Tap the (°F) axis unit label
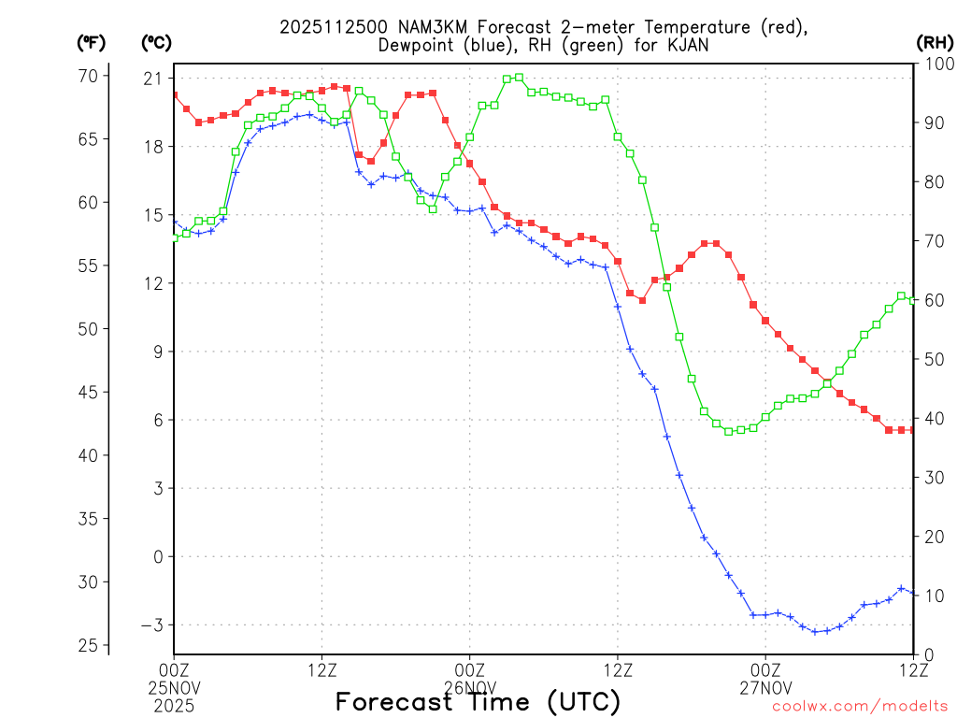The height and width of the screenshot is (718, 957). coord(91,43)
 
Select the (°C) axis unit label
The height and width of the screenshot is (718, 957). coord(155,43)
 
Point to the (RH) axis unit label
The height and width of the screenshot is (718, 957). coord(935,43)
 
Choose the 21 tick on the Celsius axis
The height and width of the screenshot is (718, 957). coord(153,78)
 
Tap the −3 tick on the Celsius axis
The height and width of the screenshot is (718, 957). coord(150,625)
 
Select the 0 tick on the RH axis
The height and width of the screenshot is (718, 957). coord(927,654)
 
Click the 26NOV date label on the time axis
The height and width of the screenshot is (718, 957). coord(469,685)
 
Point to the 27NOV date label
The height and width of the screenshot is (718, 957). coord(765,685)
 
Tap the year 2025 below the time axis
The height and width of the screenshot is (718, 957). coord(174,701)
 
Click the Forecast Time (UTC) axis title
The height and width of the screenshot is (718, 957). coord(478,701)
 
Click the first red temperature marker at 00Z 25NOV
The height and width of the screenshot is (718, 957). coord(174,94)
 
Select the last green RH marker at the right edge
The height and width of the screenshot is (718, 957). coord(913,299)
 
